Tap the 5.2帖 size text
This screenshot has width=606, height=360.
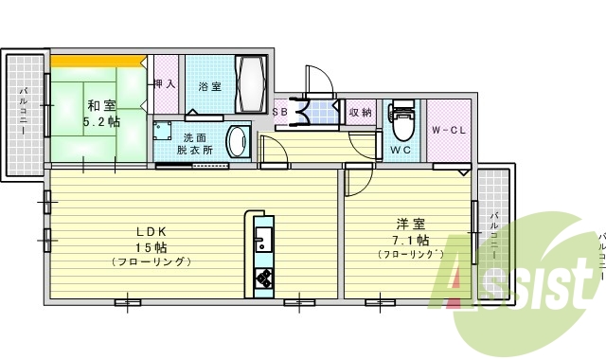coord(100,122)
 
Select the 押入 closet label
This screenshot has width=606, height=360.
coord(165,84)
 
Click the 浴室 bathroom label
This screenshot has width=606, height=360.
coord(209,86)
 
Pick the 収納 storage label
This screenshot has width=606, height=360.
coord(360,113)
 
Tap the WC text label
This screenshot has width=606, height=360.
coord(399,150)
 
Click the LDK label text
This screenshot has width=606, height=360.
coord(151,231)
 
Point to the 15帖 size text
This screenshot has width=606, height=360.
coord(151,246)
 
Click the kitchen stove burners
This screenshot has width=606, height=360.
coord(262,277)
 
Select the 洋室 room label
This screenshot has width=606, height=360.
coord(409,224)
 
